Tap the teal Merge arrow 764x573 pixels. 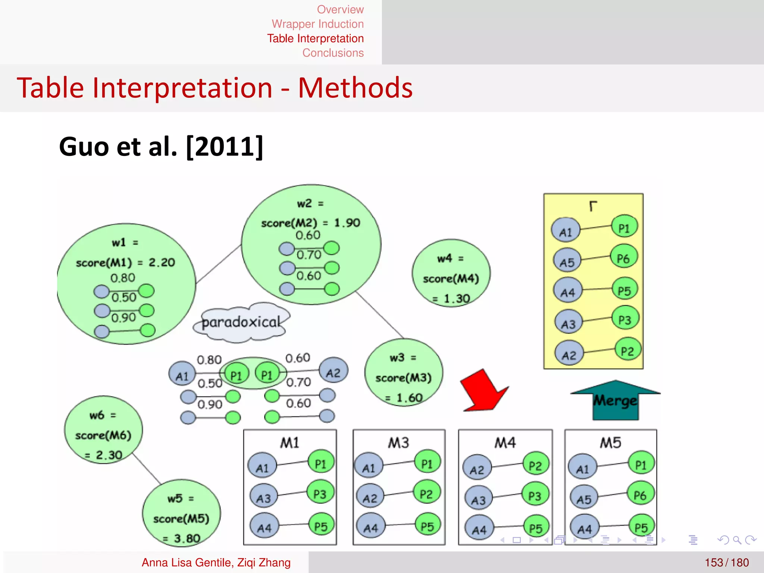[x=616, y=400]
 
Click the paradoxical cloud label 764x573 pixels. [x=241, y=322]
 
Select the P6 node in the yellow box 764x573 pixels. [x=624, y=258]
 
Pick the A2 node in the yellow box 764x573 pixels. [x=569, y=354]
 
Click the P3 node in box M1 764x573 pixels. [x=320, y=494]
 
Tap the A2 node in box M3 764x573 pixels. [x=370, y=498]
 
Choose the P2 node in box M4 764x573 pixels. [x=535, y=465]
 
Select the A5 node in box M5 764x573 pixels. [x=584, y=499]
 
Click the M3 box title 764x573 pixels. [x=398, y=443]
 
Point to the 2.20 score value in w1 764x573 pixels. [x=162, y=263]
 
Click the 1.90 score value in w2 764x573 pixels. [x=347, y=223]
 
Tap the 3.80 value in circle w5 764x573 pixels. [x=187, y=538]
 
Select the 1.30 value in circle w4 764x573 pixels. [x=457, y=298]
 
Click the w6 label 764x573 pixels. [x=97, y=415]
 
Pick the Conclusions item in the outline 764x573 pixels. [x=333, y=53]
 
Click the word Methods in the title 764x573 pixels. [x=355, y=88]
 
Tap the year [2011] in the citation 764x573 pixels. [x=225, y=147]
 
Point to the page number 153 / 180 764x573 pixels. [x=726, y=562]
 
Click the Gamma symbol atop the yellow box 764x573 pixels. [x=593, y=206]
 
